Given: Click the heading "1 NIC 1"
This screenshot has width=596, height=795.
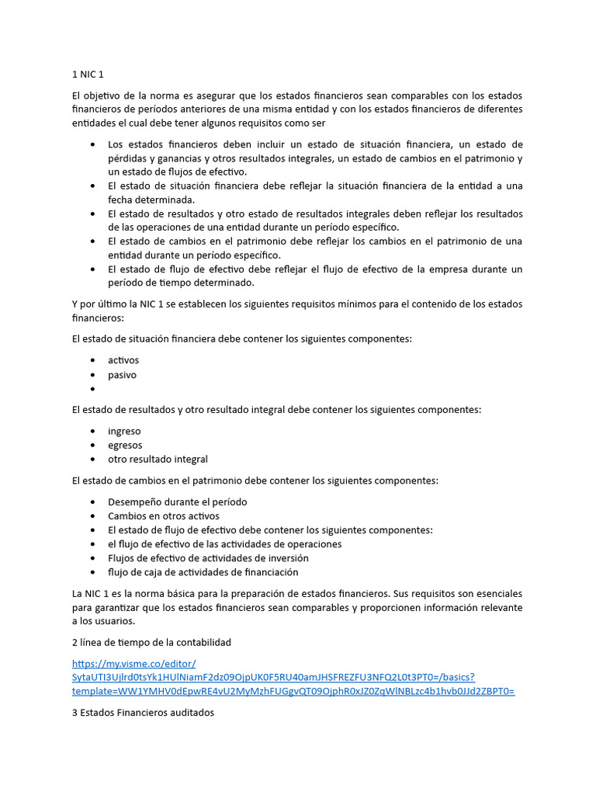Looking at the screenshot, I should click(87, 75).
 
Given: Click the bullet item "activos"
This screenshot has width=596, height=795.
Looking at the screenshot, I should click(123, 360).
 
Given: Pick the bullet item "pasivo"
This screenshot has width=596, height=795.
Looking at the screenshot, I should click(122, 375).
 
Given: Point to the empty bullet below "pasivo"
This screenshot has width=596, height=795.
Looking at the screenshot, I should click(93, 389).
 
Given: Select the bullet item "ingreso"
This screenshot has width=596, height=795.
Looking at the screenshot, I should click(124, 431).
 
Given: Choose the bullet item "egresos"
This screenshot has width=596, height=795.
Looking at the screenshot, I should click(125, 445).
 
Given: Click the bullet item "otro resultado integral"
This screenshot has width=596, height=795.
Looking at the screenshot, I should click(158, 459).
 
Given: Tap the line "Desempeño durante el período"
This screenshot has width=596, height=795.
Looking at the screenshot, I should click(177, 502).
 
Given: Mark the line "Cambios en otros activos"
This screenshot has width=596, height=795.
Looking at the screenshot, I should click(164, 516).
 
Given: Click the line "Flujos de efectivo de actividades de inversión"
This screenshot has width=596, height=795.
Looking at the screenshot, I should click(208, 557).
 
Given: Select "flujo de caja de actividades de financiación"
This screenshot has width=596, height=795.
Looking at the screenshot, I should click(203, 571).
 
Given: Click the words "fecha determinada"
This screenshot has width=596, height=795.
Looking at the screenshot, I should click(151, 200).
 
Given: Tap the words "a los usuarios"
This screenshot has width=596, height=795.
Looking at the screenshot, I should click(103, 621).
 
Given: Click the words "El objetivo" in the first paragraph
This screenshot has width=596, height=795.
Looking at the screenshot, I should click(96, 95).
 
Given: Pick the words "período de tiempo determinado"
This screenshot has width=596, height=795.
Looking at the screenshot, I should click(181, 283).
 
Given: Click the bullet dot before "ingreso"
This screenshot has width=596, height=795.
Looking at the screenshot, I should click(93, 431).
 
